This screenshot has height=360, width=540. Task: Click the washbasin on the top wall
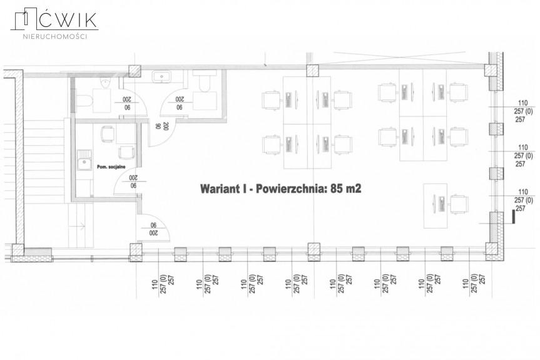(162, 76)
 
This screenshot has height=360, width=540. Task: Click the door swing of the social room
(128, 182)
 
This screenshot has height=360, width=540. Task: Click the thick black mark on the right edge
(513, 216)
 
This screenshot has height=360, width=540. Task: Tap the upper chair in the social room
(107, 133)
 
